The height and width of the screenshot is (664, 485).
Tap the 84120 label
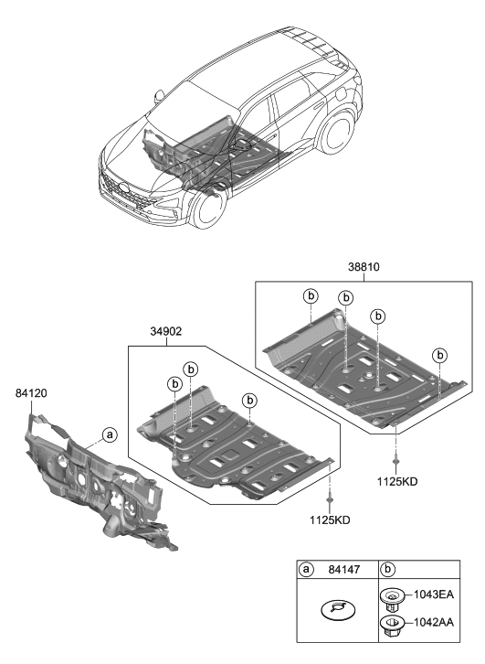pyautogui.click(x=31, y=394)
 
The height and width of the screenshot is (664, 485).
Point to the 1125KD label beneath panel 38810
pyautogui.click(x=397, y=482)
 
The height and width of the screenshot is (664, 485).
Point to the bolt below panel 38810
pyautogui.click(x=396, y=456)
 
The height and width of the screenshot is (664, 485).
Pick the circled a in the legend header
pyautogui.click(x=308, y=570)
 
